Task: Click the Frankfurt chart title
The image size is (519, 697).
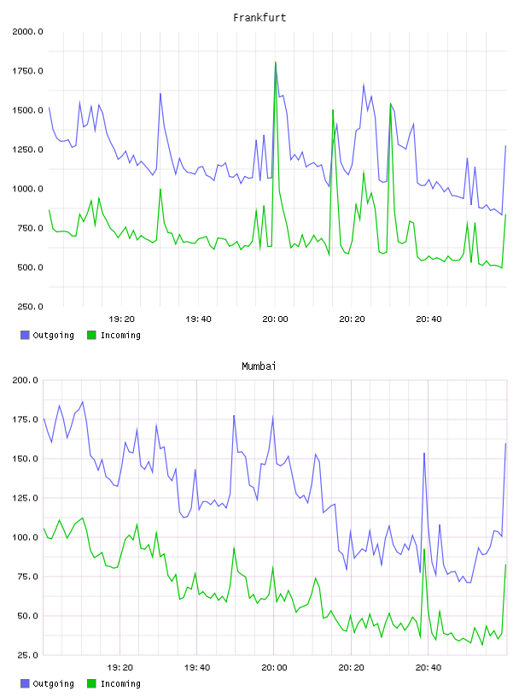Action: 259,18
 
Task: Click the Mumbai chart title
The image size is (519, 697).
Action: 259,366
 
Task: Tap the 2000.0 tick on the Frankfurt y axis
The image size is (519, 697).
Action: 27,32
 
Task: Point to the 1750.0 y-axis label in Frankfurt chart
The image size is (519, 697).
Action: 27,71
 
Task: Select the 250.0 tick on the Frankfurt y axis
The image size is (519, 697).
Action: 30,307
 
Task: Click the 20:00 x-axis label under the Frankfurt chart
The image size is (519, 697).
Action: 275,319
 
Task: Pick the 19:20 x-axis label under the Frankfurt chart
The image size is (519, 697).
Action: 121,319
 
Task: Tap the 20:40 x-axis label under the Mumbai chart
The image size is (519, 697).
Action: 429,668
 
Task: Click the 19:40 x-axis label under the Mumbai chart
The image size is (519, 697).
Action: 197,668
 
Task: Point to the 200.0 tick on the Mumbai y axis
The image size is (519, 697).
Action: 26,380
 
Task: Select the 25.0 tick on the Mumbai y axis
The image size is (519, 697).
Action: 27,655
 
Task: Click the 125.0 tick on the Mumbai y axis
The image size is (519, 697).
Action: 26,498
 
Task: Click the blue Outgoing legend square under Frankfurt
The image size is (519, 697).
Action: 25,335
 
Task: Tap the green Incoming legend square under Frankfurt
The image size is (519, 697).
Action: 91,335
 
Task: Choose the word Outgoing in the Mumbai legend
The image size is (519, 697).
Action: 53,683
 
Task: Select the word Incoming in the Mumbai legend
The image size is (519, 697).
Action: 120,683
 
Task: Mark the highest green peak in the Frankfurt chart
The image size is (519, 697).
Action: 276,62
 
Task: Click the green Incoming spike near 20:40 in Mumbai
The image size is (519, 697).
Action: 424,549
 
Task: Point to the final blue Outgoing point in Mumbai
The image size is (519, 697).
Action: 505,443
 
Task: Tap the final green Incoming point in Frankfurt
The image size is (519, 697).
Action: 505,214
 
